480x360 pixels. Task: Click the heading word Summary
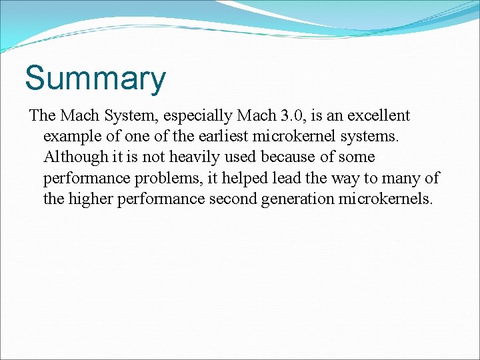(x=95, y=79)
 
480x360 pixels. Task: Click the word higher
(x=90, y=199)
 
